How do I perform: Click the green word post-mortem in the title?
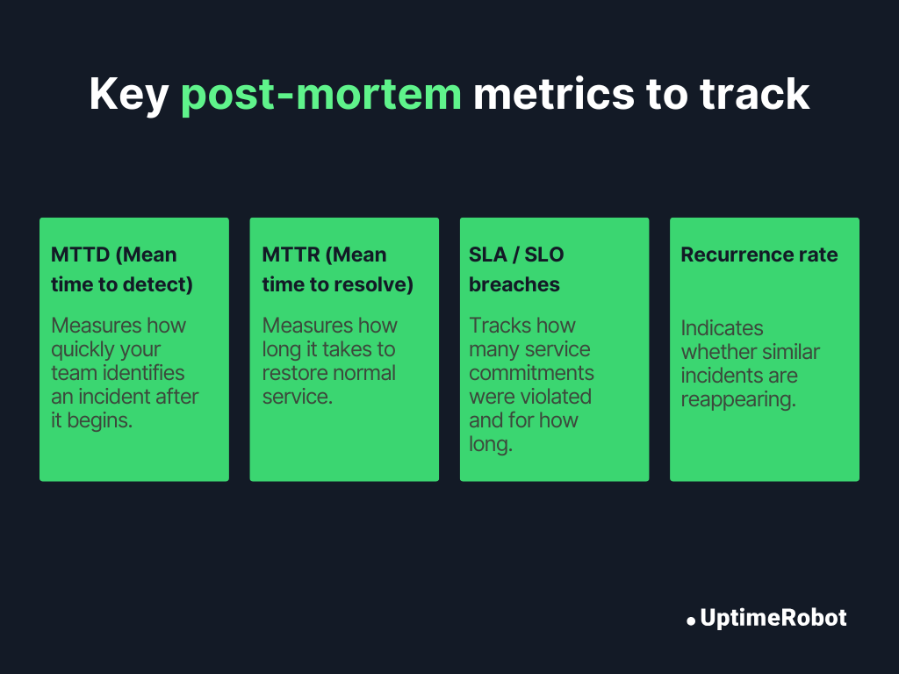point(320,95)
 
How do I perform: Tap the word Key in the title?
point(129,95)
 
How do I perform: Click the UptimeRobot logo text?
point(773,618)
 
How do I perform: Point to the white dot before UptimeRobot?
point(691,620)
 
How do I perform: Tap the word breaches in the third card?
point(514,284)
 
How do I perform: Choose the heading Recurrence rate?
point(759,255)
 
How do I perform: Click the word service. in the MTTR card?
point(298,397)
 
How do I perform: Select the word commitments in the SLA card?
point(531,373)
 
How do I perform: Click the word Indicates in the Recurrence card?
point(723,328)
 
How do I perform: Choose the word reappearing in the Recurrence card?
point(738,399)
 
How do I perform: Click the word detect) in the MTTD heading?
point(160,284)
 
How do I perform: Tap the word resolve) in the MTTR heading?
point(375,284)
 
